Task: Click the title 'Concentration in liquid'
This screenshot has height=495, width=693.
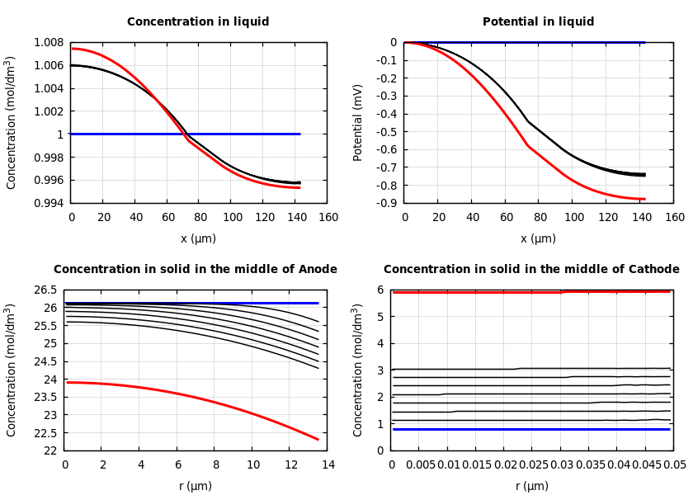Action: (x=198, y=22)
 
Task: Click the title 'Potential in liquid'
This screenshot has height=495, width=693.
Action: (x=538, y=22)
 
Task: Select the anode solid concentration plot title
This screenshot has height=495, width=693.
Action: (x=196, y=270)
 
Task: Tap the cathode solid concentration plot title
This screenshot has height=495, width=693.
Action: (x=531, y=270)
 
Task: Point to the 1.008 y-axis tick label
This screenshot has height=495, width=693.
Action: (x=49, y=42)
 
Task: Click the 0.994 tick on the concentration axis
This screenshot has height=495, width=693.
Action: (x=49, y=203)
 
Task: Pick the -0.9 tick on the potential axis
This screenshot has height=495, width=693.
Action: (x=385, y=203)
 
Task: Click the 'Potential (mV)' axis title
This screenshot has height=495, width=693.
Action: (x=358, y=122)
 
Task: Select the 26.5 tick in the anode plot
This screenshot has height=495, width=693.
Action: (x=48, y=290)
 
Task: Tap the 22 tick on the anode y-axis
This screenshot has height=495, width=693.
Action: (x=51, y=450)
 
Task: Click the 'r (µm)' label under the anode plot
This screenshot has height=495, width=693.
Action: (x=196, y=486)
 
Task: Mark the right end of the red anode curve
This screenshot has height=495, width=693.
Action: (x=318, y=439)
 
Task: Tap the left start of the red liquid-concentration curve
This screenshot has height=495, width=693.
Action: (x=72, y=49)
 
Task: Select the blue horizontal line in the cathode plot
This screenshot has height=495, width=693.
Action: (x=531, y=429)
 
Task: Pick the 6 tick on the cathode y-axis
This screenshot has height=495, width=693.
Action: (x=381, y=290)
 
